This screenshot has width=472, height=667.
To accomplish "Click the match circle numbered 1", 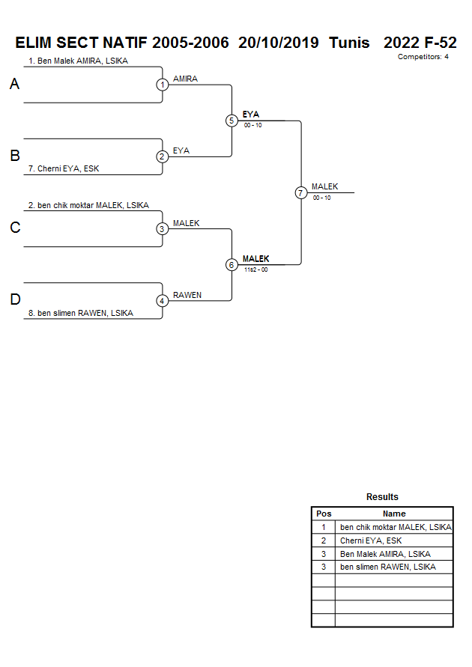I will [x=163, y=85].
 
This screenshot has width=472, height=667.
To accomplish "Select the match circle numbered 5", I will [x=232, y=121].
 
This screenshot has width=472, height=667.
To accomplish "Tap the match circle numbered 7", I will [x=301, y=192].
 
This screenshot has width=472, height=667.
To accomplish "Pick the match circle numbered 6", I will [x=232, y=264].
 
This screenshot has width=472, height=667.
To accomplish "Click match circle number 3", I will [x=163, y=228].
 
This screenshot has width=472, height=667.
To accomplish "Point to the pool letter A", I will [x=14, y=85].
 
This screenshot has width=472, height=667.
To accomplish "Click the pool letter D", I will [x=14, y=300].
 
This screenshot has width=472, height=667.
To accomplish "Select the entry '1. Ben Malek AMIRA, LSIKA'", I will [x=78, y=61].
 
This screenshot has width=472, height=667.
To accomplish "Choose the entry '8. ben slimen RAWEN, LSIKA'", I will [x=80, y=313].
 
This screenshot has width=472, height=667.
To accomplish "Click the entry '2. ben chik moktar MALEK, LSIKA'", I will [x=88, y=205].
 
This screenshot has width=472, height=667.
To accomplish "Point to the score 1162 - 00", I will [x=255, y=269].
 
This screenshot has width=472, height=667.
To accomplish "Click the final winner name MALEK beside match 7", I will [x=324, y=186].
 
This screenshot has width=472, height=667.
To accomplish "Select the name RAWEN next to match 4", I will [x=187, y=295].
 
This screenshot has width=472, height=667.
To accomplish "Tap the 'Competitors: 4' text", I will [x=423, y=57].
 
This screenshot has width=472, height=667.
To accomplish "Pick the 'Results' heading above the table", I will [x=382, y=497].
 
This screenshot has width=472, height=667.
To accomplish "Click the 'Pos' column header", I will [x=324, y=514].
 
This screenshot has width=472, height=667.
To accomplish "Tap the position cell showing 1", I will [x=324, y=527].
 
